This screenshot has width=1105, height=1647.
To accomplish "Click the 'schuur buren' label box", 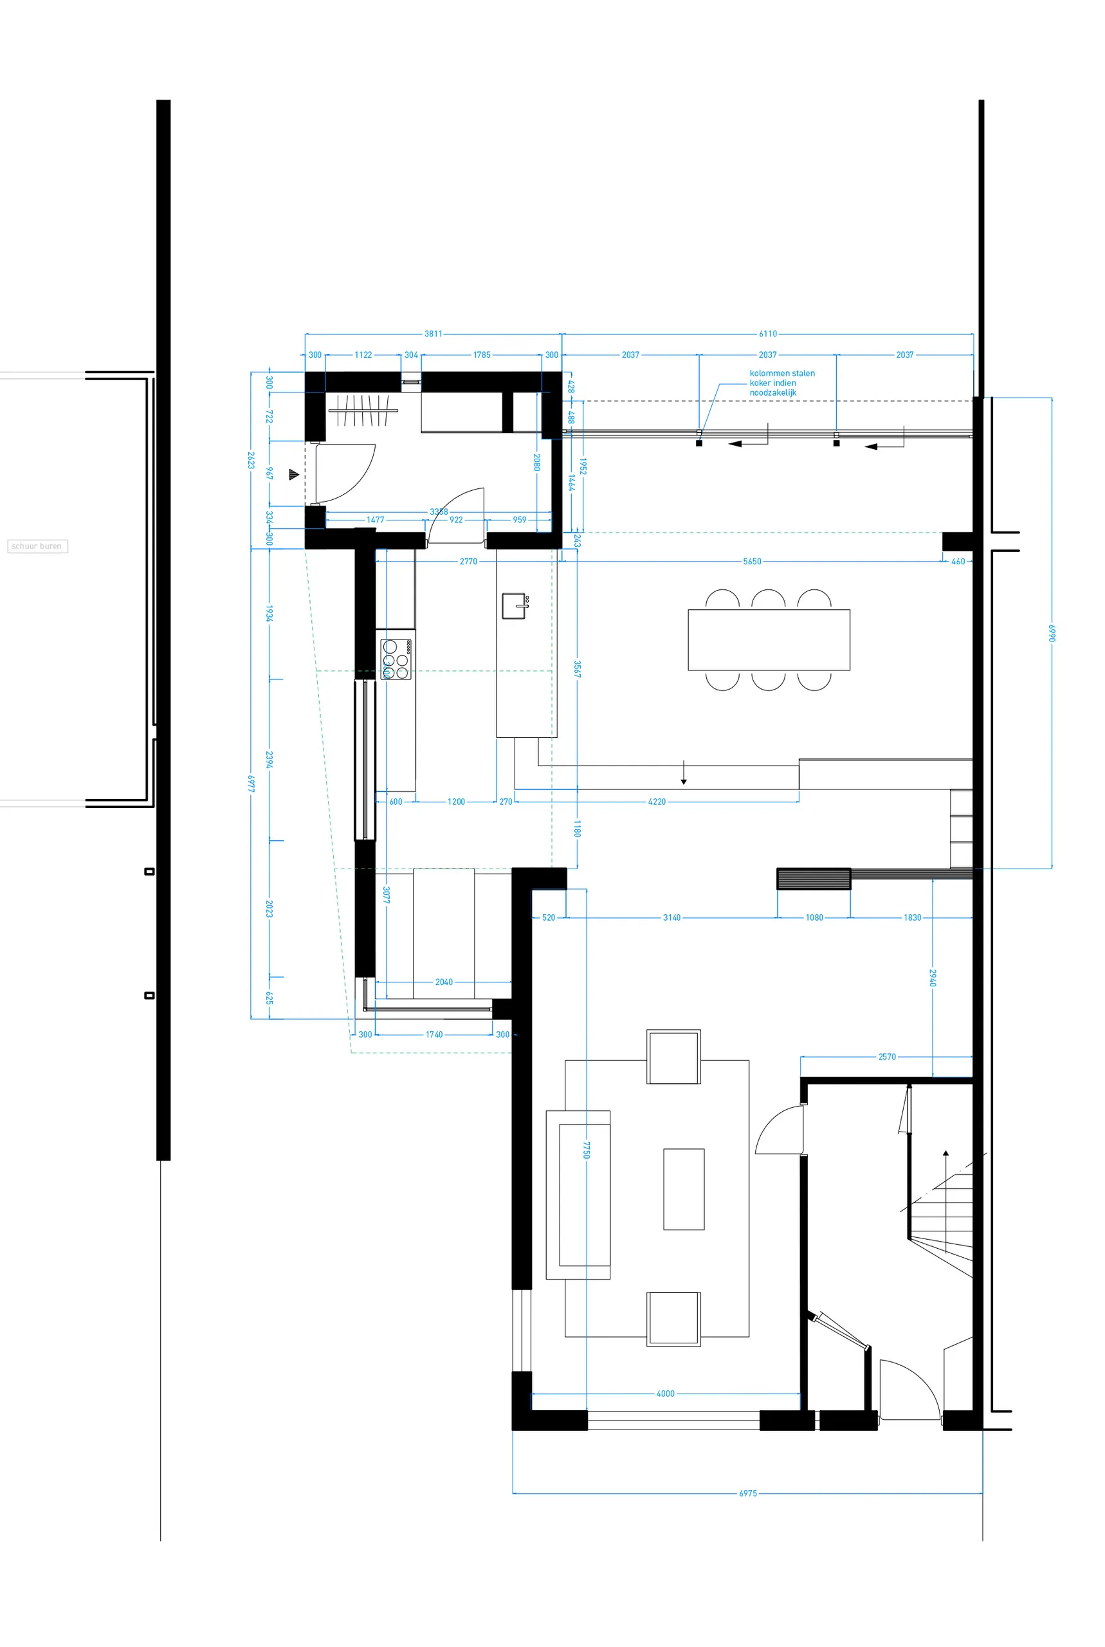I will (x=37, y=546).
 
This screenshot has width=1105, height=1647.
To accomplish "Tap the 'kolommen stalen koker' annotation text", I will (x=781, y=383).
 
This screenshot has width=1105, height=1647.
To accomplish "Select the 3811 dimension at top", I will (x=434, y=333).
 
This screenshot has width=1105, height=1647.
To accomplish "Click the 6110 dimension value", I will (x=767, y=333).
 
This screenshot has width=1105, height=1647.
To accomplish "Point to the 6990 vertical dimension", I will (x=1052, y=633).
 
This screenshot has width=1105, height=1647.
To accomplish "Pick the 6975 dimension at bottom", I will (x=747, y=1493).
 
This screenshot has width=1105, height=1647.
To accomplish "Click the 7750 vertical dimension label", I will (x=587, y=1150).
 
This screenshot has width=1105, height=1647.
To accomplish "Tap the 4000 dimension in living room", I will (x=665, y=1394).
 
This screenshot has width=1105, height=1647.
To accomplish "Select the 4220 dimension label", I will (x=657, y=801).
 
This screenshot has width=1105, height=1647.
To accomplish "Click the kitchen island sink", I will (x=515, y=605).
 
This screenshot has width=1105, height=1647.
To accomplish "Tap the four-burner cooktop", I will (x=396, y=659).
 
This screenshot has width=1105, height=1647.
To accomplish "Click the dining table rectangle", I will (x=768, y=639).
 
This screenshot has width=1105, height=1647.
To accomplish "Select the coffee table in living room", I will (x=683, y=1189).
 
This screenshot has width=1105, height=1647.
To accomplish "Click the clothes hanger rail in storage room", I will (x=363, y=410).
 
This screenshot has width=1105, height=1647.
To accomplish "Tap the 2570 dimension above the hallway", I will (x=886, y=1056).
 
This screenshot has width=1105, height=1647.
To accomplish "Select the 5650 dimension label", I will (x=752, y=562).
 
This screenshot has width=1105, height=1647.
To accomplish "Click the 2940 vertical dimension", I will (x=933, y=977).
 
